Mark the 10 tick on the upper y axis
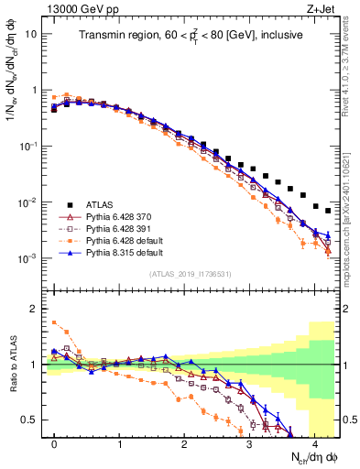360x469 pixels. (x=33, y=34)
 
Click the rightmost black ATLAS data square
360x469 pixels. (x=327, y=209)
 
